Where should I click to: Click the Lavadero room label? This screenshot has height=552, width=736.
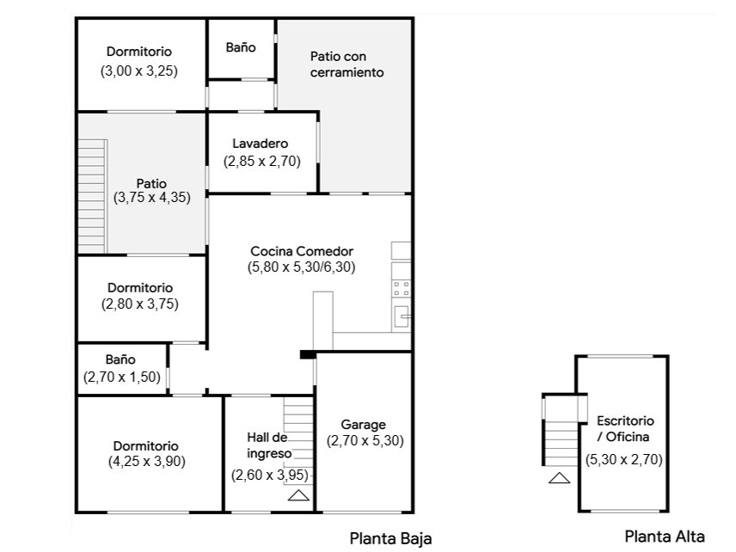click(x=260, y=144)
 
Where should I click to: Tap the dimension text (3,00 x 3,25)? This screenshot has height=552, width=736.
click(x=139, y=71)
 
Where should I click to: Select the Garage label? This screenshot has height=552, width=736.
click(x=364, y=425)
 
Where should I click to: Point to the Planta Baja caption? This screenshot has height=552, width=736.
click(x=390, y=538)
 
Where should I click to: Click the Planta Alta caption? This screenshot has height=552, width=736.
click(x=664, y=537)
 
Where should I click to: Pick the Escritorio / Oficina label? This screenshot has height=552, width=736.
click(x=625, y=429)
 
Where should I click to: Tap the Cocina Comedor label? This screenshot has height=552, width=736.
click(x=302, y=251)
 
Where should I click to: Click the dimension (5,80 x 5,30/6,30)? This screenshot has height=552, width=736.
click(x=302, y=267)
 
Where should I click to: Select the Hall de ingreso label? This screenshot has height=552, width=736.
click(x=268, y=445)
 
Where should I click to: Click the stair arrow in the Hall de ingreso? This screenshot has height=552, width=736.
click(x=298, y=494)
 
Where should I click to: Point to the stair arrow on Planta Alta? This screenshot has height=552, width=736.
click(x=559, y=478)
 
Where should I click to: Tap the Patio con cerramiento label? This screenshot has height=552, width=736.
click(x=346, y=64)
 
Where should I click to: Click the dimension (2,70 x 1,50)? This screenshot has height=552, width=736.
click(x=122, y=377)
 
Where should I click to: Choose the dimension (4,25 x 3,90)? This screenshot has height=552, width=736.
click(x=146, y=461)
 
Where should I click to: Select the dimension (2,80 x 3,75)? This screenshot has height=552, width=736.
click(x=140, y=304)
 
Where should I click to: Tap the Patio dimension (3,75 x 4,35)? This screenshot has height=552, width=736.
click(x=151, y=197)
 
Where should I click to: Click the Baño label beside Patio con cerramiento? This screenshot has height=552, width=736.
click(x=241, y=48)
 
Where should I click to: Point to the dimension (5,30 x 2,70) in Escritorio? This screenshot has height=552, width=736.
click(x=624, y=459)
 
